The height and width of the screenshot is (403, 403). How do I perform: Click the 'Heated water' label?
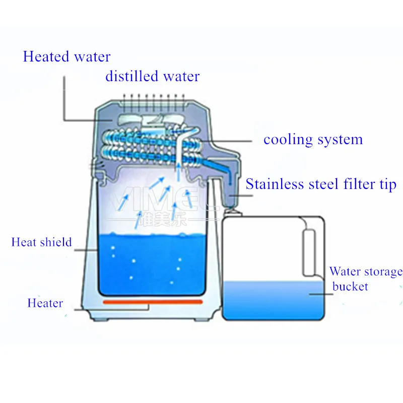coord(66,56)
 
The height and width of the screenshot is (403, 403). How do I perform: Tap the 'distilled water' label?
coord(152,77)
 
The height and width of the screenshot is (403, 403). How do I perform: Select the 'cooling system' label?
coord(313,140)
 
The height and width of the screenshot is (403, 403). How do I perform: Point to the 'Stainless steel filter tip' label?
coord(321,184)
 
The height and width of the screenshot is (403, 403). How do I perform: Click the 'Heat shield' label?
coord(41,242)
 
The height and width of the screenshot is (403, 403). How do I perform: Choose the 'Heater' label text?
coord(45,303)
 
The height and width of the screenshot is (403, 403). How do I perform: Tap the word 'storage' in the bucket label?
coord(379,272)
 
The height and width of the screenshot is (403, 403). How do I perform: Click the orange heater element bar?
coord(152,302)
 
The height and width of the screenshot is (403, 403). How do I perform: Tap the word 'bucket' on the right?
coord(350,287)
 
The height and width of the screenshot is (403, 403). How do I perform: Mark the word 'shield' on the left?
coord(56,242)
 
